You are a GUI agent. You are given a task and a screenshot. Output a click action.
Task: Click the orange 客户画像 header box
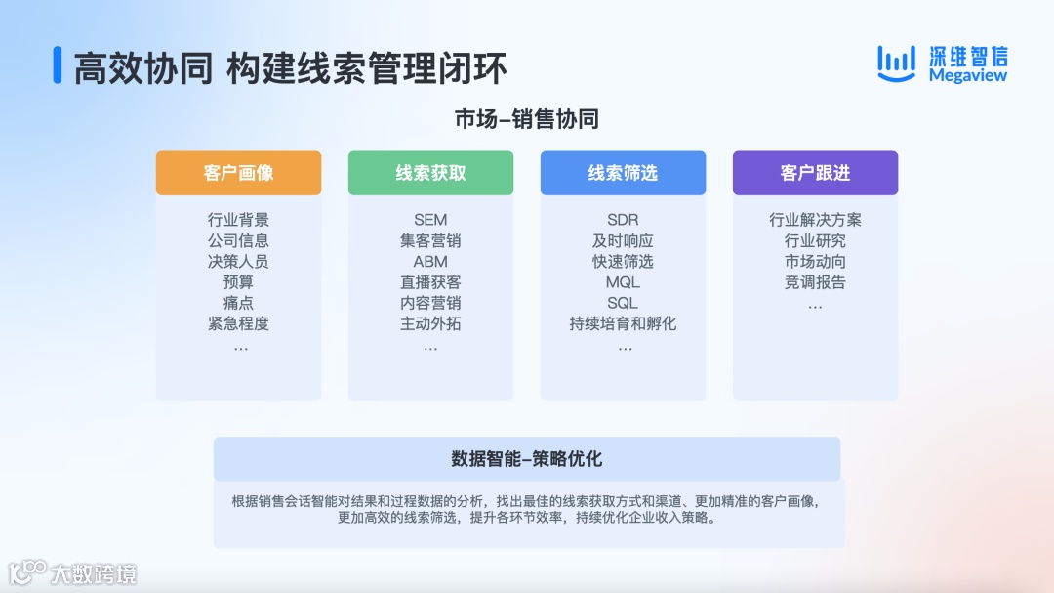pyautogui.click(x=238, y=173)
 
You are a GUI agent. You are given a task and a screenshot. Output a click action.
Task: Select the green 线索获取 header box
pyautogui.click(x=430, y=173)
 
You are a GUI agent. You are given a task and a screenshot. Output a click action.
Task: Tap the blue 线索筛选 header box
pyautogui.click(x=623, y=173)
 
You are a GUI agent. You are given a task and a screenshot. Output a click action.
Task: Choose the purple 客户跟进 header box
pyautogui.click(x=815, y=173)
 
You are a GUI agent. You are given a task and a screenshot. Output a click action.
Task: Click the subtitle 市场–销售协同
pyautogui.click(x=526, y=120)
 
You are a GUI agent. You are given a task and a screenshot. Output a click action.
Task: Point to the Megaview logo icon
pyautogui.click(x=896, y=63)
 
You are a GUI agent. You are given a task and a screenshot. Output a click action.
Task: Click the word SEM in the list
pyautogui.click(x=430, y=220)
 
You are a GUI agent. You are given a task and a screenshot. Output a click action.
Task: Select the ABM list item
pyautogui.click(x=430, y=261)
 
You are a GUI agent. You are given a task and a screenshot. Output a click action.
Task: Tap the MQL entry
pyautogui.click(x=623, y=282)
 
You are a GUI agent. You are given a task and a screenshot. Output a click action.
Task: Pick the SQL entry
pyautogui.click(x=623, y=303)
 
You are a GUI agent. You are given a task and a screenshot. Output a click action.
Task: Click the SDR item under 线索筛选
pyautogui.click(x=623, y=220)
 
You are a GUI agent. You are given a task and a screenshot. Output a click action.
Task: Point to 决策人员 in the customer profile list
pyautogui.click(x=238, y=261)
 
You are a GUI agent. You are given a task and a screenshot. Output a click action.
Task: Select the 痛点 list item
pyautogui.click(x=238, y=303)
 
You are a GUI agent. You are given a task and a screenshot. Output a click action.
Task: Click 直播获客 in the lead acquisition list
pyautogui.click(x=430, y=282)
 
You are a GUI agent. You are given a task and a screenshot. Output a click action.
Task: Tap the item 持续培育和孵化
pyautogui.click(x=623, y=323)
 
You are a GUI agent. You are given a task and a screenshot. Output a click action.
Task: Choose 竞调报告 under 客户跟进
pyautogui.click(x=815, y=282)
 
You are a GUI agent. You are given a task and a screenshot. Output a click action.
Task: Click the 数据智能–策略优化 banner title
pyautogui.click(x=526, y=459)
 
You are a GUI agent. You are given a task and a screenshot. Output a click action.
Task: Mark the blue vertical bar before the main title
pyautogui.click(x=58, y=65)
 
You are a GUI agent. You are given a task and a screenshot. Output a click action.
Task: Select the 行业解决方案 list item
pyautogui.click(x=815, y=220)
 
